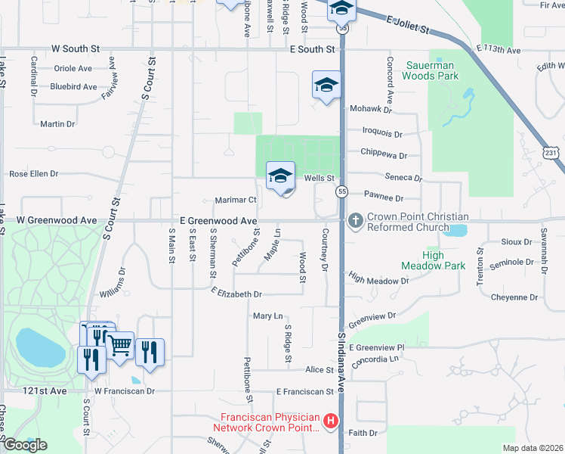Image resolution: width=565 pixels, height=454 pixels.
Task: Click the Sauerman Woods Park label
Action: coord(430,70)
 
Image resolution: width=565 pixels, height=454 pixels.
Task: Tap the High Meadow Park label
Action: coord(433,260)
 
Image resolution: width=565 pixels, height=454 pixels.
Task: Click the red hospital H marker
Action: coord(329,421)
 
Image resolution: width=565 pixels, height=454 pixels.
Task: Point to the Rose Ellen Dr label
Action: coord(34,174)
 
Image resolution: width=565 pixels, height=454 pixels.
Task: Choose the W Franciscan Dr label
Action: coord(125,391)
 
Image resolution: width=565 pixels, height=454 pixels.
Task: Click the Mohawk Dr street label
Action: coord(371,110)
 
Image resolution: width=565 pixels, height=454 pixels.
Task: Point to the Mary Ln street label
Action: coord(267,316)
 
